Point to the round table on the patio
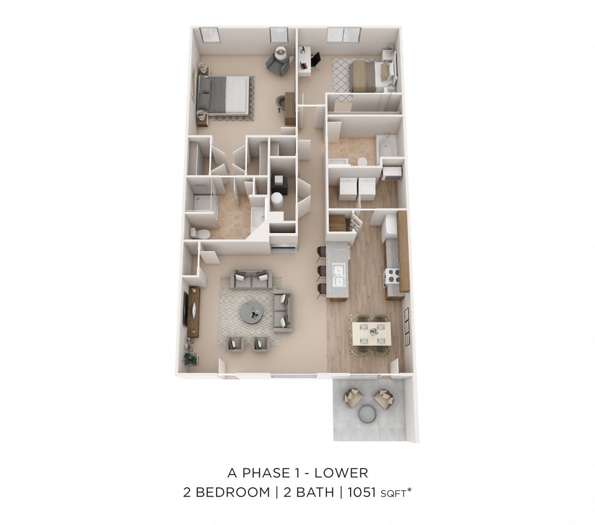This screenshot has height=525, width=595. [x=368, y=413]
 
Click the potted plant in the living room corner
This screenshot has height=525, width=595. [x=190, y=358]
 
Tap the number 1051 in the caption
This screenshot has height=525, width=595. [x=362, y=492]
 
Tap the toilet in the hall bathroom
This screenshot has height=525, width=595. [x=361, y=161]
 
